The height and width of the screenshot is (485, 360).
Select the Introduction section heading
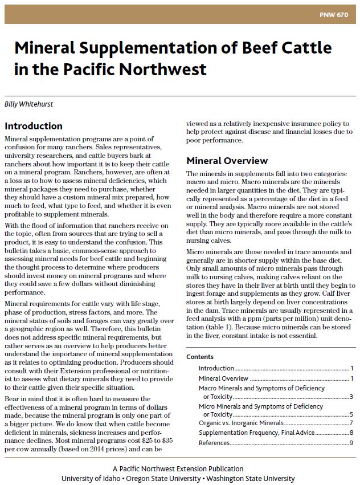click(x=34, y=126)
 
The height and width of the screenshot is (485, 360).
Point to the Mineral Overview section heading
click(x=227, y=160)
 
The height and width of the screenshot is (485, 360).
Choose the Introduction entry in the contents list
click(x=216, y=369)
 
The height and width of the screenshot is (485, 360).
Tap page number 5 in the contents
click(x=352, y=415)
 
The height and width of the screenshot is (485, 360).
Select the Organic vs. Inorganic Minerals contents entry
click(x=241, y=423)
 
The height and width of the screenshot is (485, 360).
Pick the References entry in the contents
click(x=214, y=443)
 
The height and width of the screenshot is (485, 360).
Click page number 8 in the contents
click(x=352, y=433)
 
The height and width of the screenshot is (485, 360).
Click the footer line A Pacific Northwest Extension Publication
click(x=179, y=468)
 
